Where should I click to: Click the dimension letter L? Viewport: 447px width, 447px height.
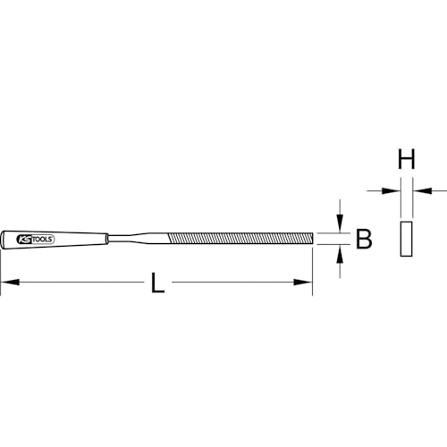point(156,284)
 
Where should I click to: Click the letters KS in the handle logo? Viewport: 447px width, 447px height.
point(23,240)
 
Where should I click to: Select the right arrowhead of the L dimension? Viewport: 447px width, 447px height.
point(307,283)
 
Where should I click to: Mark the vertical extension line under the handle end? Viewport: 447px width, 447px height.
point(2,268)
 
